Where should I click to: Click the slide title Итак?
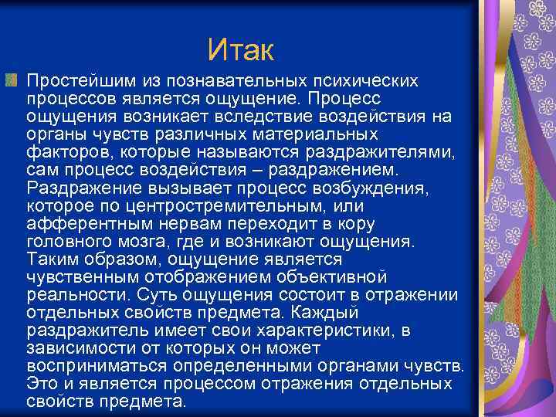coord(241,52)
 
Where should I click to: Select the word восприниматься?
coord(97,364)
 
